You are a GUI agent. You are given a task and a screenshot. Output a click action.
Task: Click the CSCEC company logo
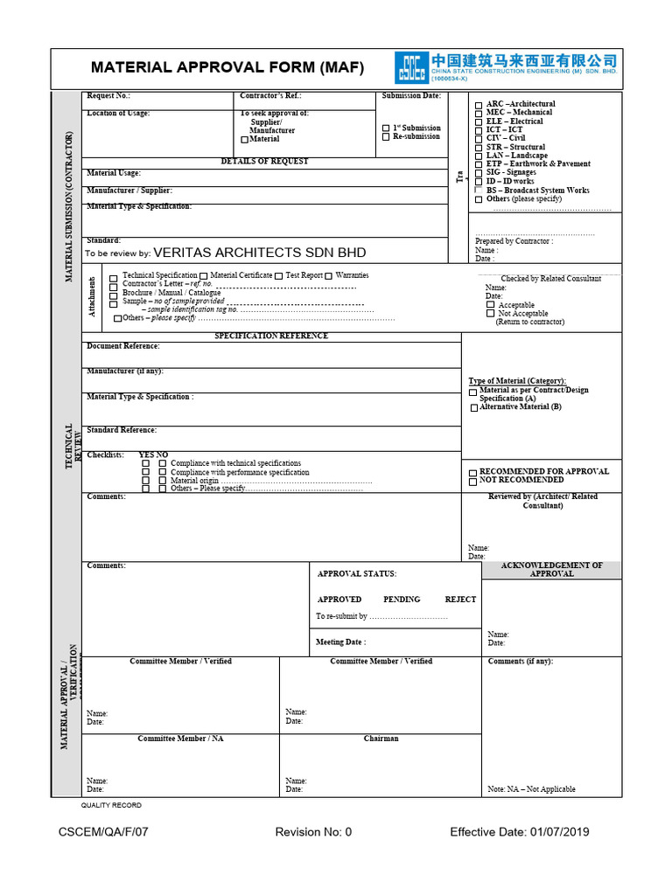coord(411,67)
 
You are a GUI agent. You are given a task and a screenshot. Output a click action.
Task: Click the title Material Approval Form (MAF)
coord(227,68)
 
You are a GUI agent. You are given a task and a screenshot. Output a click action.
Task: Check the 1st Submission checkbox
coord(386,128)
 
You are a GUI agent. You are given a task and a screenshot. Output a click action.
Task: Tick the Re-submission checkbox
coord(386,137)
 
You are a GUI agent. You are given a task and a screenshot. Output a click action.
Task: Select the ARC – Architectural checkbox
coord(478,105)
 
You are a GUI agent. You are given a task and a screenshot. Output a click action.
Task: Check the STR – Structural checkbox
coord(478,148)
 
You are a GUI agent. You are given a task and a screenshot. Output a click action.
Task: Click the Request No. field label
coord(108,96)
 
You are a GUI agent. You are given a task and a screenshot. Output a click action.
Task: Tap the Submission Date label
coord(411,96)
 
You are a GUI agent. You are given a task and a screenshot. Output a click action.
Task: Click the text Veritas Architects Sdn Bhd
coord(260,253)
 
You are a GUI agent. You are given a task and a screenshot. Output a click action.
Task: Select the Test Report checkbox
coord(279,276)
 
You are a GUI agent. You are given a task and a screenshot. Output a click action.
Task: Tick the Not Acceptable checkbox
coord(491,314)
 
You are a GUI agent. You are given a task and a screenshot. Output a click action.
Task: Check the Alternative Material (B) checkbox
coord(474,407)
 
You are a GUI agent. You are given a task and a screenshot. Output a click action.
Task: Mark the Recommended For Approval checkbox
coord(473,472)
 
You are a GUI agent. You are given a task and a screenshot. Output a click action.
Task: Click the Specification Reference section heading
coord(271,336)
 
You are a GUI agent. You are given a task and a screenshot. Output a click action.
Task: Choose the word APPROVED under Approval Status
coord(339,600)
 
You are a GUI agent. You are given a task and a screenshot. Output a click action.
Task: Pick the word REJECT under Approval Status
coord(460,600)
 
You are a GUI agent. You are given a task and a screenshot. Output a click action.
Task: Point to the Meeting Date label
coord(340,642)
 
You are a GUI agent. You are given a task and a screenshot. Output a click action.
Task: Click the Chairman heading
coord(381,739)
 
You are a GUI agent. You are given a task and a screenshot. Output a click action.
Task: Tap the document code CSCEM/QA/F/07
coord(103,832)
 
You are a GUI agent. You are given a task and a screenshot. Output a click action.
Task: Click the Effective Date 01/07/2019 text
coord(520,832)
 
